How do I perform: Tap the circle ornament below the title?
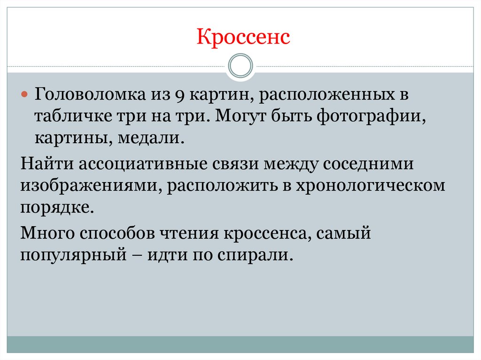tap(240, 66)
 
